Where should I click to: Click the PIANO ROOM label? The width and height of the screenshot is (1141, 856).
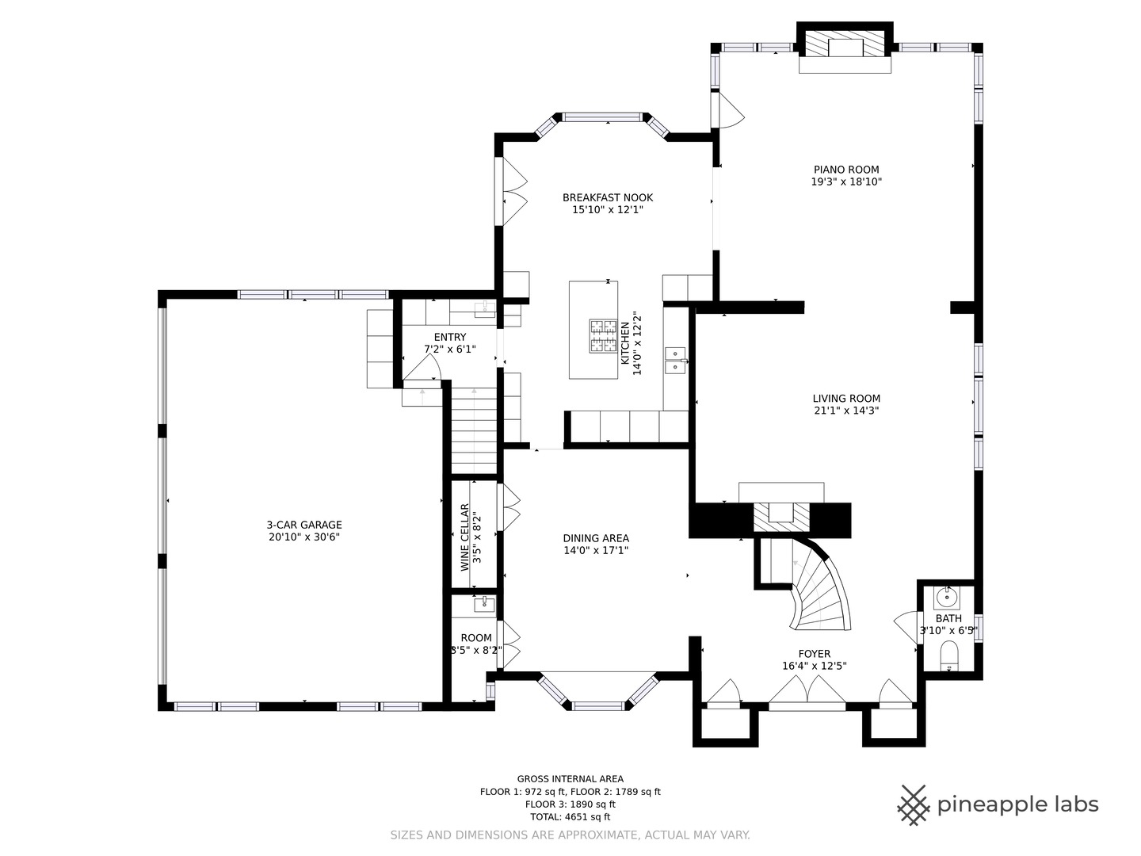click(x=846, y=170)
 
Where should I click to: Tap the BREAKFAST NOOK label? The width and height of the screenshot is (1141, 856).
click(x=608, y=197)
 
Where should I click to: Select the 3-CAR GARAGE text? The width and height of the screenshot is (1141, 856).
click(x=304, y=525)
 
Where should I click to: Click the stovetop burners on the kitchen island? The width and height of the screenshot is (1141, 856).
click(x=603, y=336)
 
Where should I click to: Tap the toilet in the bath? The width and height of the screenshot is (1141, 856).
click(x=949, y=656)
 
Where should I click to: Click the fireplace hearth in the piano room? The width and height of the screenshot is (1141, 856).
click(x=845, y=64)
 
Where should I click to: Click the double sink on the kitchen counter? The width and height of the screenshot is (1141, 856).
click(x=675, y=361)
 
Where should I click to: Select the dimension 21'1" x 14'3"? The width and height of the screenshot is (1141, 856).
click(x=846, y=411)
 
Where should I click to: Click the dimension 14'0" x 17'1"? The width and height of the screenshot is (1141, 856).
click(x=596, y=550)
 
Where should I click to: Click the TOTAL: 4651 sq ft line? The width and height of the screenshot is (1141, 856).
click(x=570, y=816)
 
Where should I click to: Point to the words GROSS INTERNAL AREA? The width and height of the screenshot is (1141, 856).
click(x=570, y=778)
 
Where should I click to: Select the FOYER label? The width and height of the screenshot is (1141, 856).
click(x=815, y=654)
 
